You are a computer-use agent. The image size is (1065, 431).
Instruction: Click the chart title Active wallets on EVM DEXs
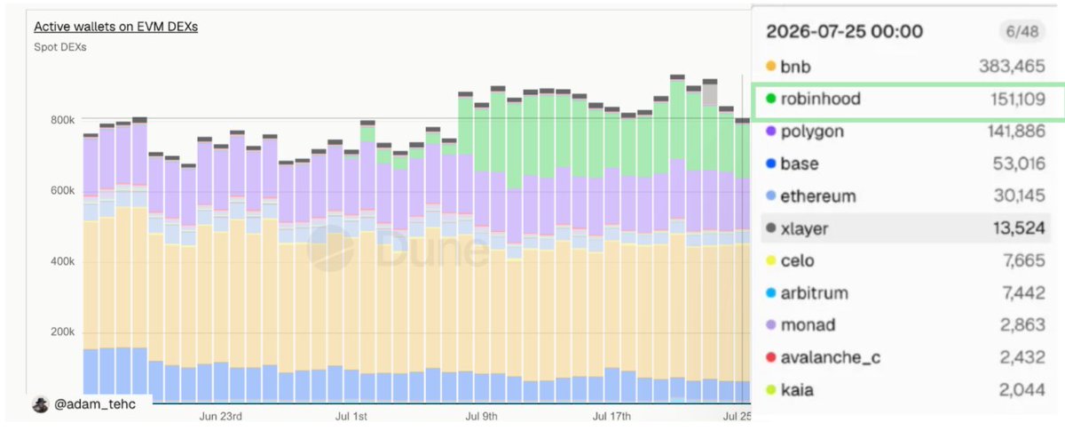coord(115,27)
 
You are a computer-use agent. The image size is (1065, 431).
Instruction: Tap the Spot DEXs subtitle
coord(60,47)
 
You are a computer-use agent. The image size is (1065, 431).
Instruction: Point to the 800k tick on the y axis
coord(62,120)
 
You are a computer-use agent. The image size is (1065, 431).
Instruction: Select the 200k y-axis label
coord(62,332)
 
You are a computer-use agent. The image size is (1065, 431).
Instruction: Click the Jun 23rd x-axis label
coord(221,416)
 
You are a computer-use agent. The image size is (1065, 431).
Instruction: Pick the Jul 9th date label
coord(481,416)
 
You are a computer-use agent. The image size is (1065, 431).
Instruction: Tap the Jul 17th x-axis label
coord(611,416)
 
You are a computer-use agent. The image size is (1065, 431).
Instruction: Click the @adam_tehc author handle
coord(95,404)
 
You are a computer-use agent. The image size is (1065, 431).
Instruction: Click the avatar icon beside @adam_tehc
coord(41,405)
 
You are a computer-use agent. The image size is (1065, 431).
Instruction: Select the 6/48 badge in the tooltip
coord(1022,31)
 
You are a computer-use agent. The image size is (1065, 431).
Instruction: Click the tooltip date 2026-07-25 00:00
coord(844,31)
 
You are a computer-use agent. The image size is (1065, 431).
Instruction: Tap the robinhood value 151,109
coord(1018,99)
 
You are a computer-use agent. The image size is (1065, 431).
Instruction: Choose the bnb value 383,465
coord(1013,66)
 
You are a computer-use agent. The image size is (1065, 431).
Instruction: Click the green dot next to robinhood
coord(770,99)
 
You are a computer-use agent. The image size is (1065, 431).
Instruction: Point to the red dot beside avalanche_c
coord(770,357)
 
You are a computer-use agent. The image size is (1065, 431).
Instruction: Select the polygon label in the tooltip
coord(812,132)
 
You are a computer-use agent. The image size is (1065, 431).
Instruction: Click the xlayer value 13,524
coord(1019,228)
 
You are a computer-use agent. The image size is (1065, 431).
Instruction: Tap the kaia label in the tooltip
coord(797,390)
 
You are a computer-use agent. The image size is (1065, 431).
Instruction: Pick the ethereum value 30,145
coord(1020,196)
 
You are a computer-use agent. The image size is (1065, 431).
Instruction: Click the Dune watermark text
coord(432,250)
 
